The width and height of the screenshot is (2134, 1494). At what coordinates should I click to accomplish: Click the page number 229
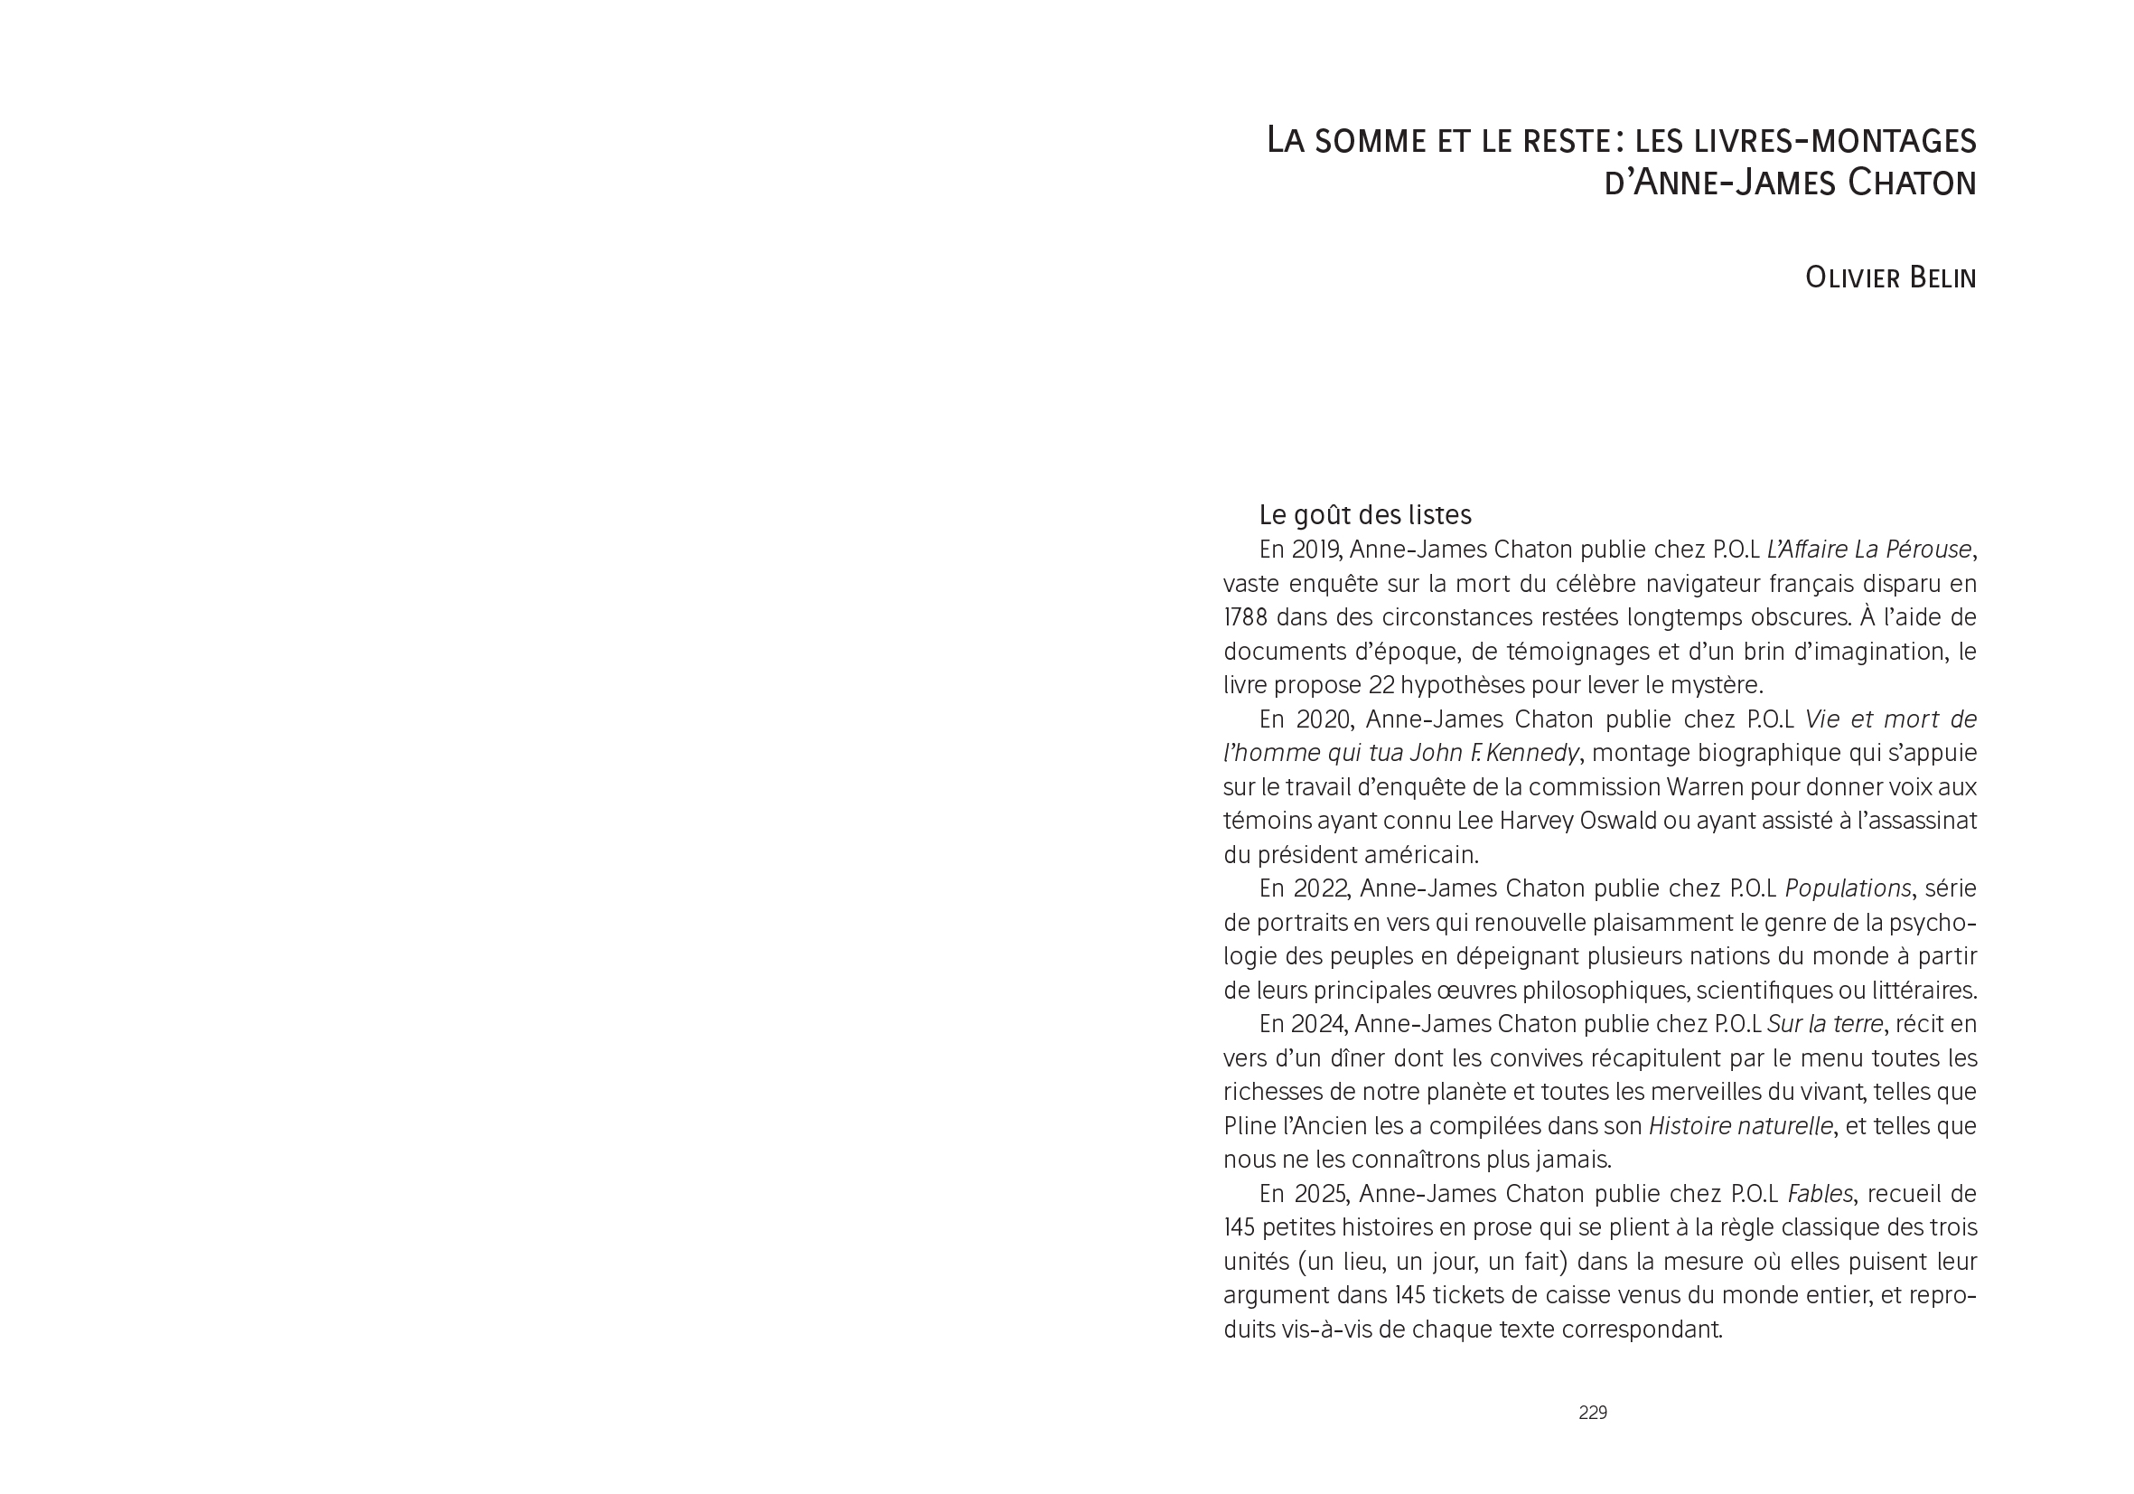pyautogui.click(x=1592, y=1412)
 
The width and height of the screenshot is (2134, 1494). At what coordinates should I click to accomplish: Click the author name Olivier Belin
pyautogui.click(x=1889, y=277)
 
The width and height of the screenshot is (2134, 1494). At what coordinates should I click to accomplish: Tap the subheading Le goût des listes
pyautogui.click(x=1364, y=514)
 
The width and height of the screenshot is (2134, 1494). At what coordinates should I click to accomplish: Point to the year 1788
pyautogui.click(x=1246, y=617)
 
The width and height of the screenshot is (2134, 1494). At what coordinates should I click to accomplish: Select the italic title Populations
pyautogui.click(x=1847, y=888)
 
